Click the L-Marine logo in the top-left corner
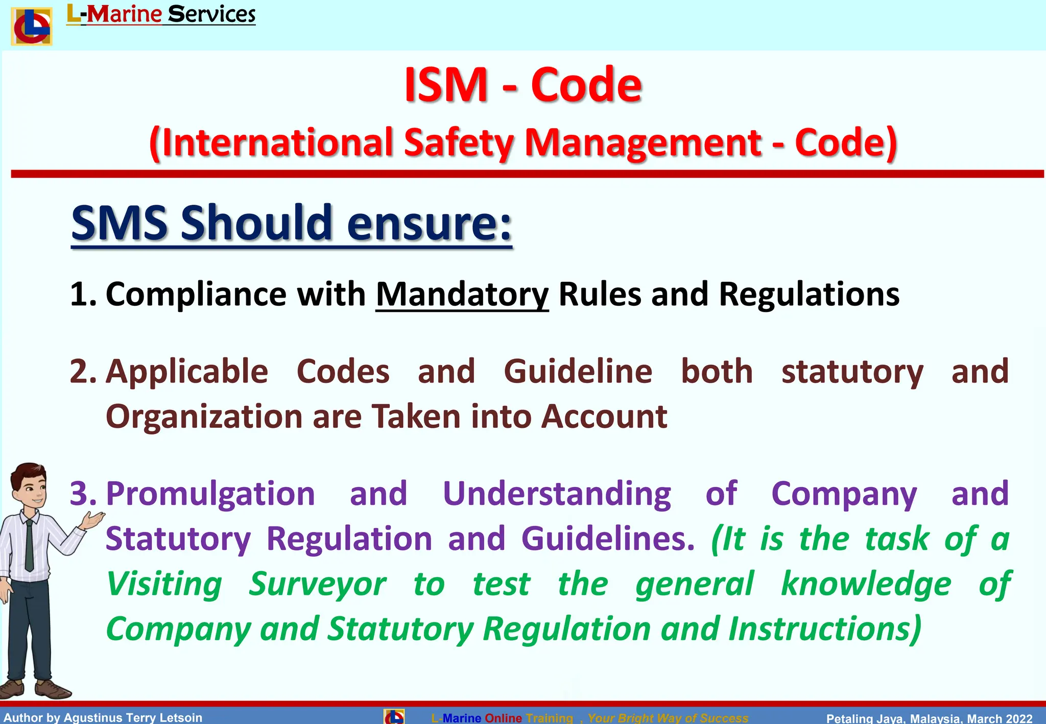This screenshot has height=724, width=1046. (x=32, y=27)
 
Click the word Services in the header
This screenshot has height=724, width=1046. (x=211, y=14)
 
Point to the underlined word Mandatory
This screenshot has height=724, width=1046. (x=462, y=295)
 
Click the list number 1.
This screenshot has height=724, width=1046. (x=82, y=295)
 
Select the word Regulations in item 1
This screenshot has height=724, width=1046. (x=809, y=295)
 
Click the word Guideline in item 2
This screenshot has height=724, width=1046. (x=578, y=371)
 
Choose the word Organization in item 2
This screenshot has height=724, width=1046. (x=204, y=417)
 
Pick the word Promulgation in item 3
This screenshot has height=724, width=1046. (x=210, y=494)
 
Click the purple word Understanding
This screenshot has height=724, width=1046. (x=557, y=494)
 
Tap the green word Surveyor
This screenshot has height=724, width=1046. (x=317, y=584)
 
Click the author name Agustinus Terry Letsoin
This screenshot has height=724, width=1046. (x=133, y=717)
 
